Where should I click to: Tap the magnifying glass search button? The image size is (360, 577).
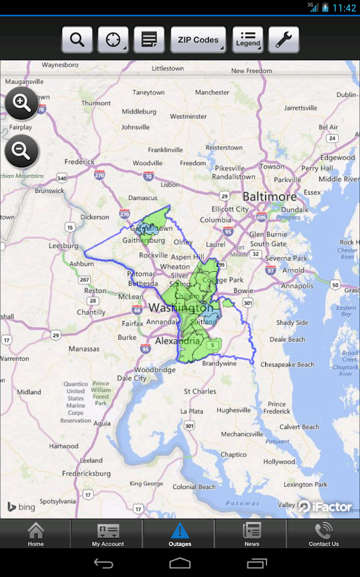pos(77,40)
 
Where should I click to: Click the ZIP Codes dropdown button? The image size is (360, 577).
pos(198,40)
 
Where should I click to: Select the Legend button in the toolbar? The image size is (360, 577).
pos(247,40)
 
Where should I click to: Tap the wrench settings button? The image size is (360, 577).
pos(283,40)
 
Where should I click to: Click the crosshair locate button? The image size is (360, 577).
pos(113,40)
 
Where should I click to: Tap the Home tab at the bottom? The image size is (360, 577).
pos(36,534)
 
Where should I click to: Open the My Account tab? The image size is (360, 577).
pos(108,534)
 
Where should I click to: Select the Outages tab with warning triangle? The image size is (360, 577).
pos(180,534)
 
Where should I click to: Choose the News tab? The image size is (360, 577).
pos(252,534)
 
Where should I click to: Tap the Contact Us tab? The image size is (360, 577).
pos(323,534)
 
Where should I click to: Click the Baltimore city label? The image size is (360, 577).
pos(269,196)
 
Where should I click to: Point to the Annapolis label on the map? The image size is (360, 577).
pos(297,286)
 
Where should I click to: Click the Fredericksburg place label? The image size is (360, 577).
pos(86,474)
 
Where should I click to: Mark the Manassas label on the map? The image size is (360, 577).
pos(84,349)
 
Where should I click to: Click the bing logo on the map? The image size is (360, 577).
pos(21,507)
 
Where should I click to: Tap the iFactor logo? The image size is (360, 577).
pos(325,506)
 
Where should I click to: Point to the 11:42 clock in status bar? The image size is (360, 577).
pos(344,8)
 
